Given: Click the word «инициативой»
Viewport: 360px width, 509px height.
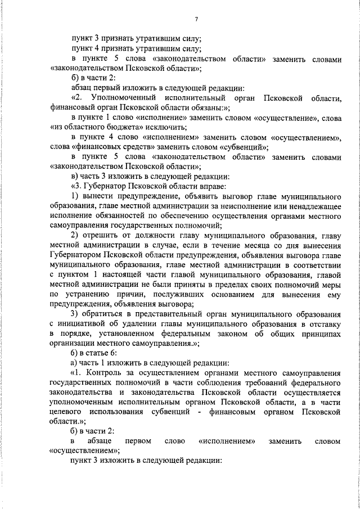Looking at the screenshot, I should pos(84,323).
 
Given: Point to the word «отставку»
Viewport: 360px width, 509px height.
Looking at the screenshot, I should pos(322,323).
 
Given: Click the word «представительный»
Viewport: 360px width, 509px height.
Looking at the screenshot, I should pos(161,313).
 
